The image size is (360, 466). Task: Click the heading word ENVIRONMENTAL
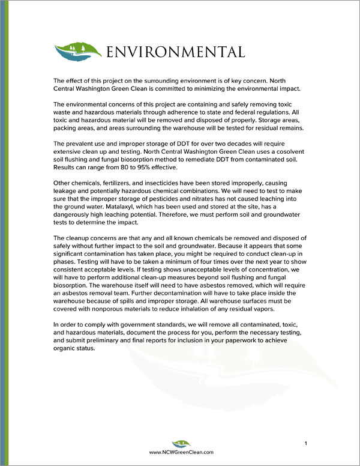(175, 52)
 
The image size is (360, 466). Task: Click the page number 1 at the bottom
(305, 444)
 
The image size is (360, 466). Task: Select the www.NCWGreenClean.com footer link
(181, 455)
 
